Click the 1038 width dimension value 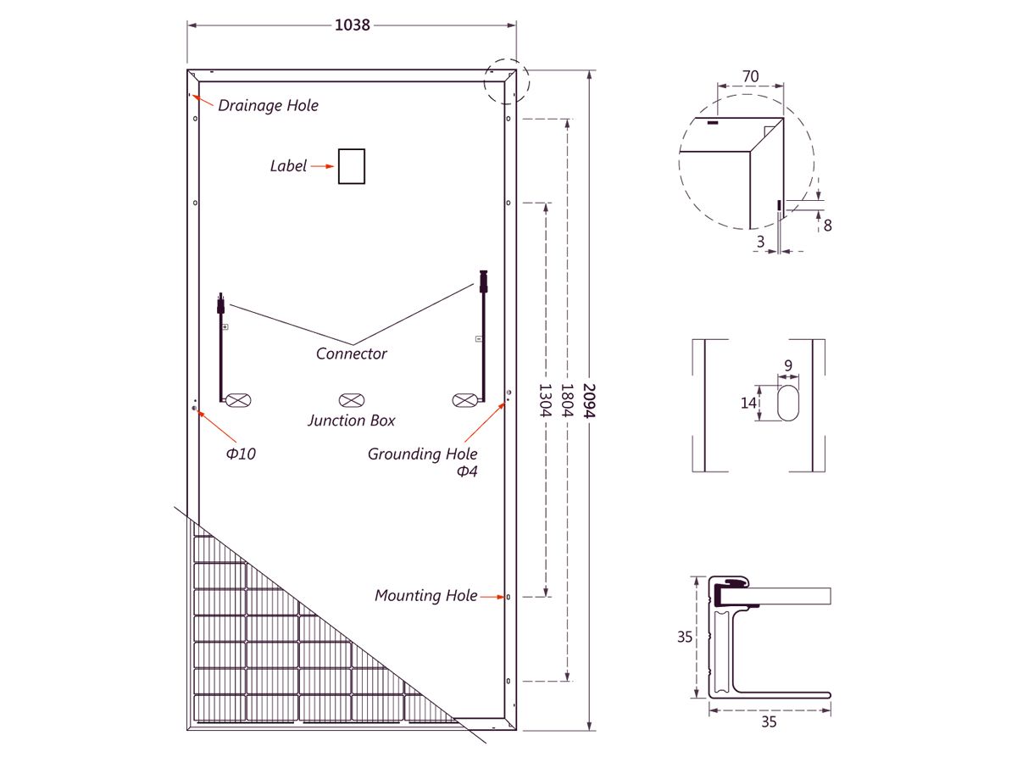pyautogui.click(x=352, y=25)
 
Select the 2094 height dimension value pyautogui.click(x=588, y=401)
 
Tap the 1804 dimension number pyautogui.click(x=567, y=401)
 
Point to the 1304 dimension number pyautogui.click(x=545, y=401)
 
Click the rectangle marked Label pyautogui.click(x=351, y=166)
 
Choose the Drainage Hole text pyautogui.click(x=268, y=106)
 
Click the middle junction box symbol pyautogui.click(x=352, y=400)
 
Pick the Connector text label pyautogui.click(x=351, y=354)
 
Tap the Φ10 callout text pyautogui.click(x=241, y=454)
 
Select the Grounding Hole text pyautogui.click(x=422, y=454)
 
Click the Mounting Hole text pyautogui.click(x=425, y=595)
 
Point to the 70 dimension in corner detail pyautogui.click(x=750, y=76)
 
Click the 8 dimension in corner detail pyautogui.click(x=827, y=226)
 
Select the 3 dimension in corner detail pyautogui.click(x=760, y=242)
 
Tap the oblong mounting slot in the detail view pyautogui.click(x=787, y=403)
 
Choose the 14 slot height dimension pyautogui.click(x=748, y=403)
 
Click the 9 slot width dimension pyautogui.click(x=788, y=365)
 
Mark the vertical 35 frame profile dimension pyautogui.click(x=684, y=637)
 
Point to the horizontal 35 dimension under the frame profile pyautogui.click(x=769, y=721)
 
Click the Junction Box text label pyautogui.click(x=351, y=420)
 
